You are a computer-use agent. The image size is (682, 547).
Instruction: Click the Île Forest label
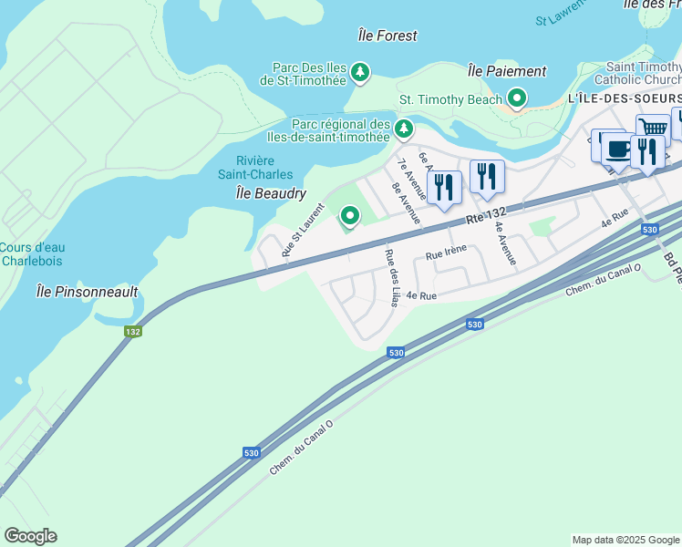pyautogui.click(x=387, y=36)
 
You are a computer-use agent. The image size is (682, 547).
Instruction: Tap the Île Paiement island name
pyautogui.click(x=506, y=71)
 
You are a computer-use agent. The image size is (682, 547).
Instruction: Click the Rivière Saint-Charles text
pyautogui.click(x=255, y=167)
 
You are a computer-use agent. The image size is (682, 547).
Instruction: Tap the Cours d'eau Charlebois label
pyautogui.click(x=32, y=253)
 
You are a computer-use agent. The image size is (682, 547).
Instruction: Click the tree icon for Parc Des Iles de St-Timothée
pyautogui.click(x=360, y=72)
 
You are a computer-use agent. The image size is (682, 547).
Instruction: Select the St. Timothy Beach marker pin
pyautogui.click(x=517, y=98)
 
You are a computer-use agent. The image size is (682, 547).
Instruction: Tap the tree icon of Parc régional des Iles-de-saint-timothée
pyautogui.click(x=403, y=130)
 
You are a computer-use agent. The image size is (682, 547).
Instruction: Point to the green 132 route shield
pyautogui.click(x=133, y=332)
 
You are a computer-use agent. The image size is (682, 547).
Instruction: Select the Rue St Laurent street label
pyautogui.click(x=303, y=232)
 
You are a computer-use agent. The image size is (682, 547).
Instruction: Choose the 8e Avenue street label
pyautogui.click(x=406, y=203)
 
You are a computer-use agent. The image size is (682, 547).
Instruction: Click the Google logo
pyautogui.click(x=30, y=536)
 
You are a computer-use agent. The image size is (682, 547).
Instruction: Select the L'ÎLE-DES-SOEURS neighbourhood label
pyautogui.click(x=625, y=98)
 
